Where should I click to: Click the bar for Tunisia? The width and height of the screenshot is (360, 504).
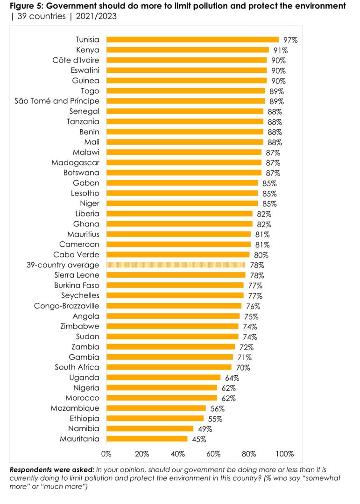pos(192,40)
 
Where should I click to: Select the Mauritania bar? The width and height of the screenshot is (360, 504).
pos(147,439)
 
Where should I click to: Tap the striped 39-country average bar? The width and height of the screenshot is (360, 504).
pos(176,265)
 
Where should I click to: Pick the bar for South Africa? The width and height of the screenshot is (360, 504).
pos(169,367)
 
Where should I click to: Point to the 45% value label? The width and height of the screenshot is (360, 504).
pos(198,439)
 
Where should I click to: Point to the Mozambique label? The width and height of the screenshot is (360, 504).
pos(75,408)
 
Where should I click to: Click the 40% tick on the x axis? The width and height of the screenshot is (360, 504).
pos(178,454)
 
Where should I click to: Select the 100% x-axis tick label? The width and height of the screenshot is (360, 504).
pos(285,454)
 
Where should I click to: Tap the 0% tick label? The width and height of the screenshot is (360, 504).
pos(106,454)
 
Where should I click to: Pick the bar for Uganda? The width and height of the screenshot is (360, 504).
pos(163,378)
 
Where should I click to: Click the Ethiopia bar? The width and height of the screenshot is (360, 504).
pos(155,419)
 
